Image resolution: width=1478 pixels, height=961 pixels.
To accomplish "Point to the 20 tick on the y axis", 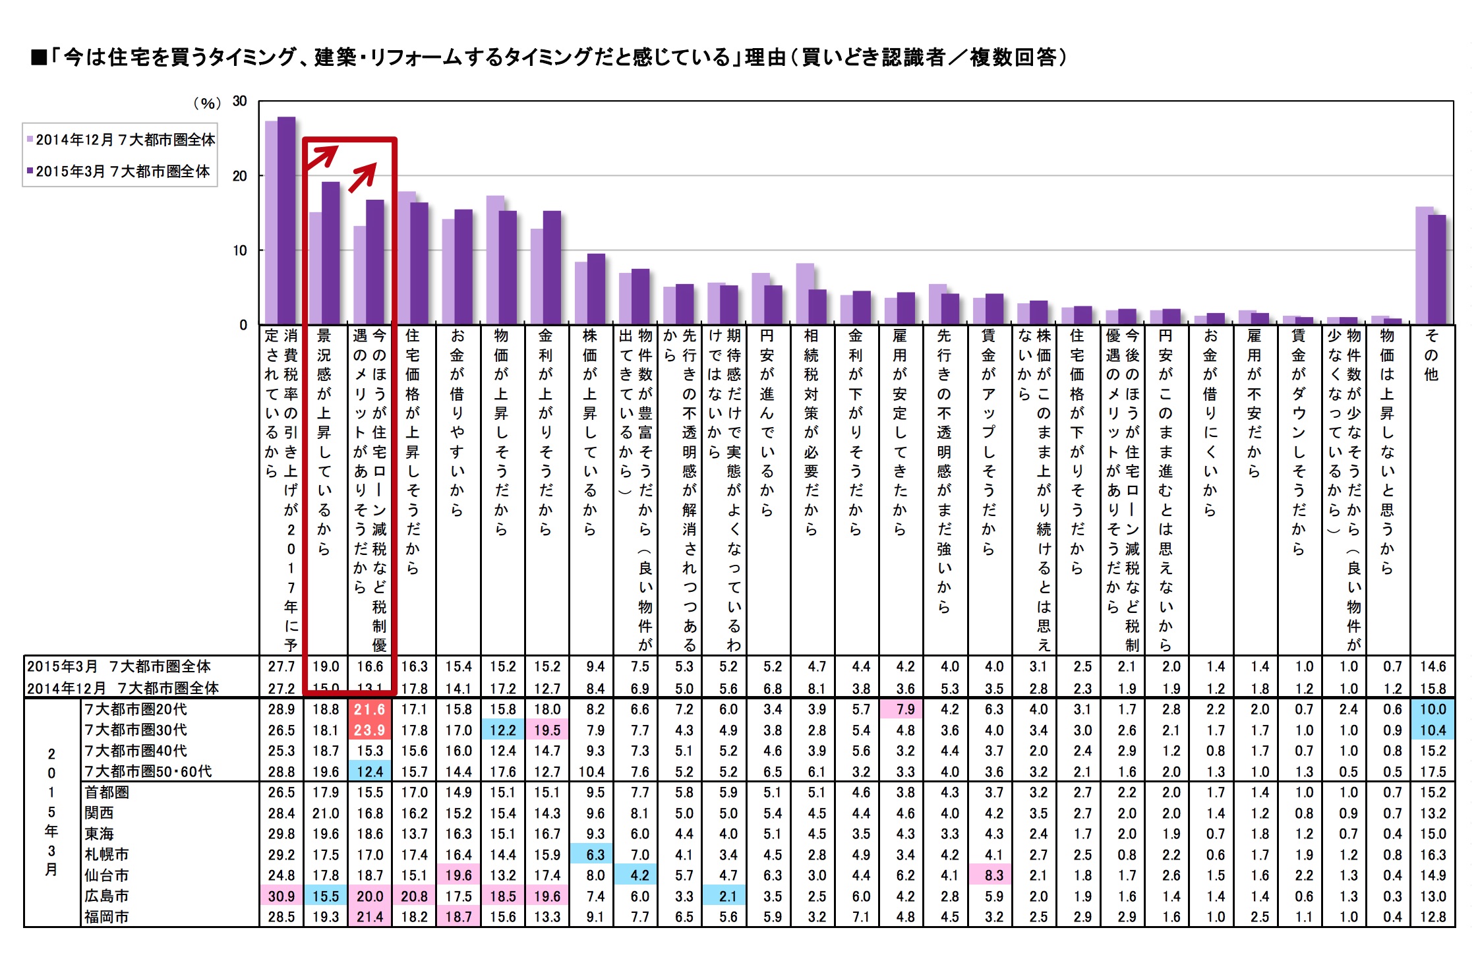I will (239, 176).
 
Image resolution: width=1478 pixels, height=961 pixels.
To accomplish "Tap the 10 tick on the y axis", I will (239, 250).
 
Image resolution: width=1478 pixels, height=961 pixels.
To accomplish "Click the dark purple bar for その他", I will (1436, 270).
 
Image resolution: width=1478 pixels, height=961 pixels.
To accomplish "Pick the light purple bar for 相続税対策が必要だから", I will (804, 294).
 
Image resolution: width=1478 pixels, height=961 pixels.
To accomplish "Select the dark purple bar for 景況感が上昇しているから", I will (330, 253).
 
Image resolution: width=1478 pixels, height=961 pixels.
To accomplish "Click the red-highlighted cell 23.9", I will (370, 730).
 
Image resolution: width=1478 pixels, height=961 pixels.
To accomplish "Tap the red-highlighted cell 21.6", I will (370, 709).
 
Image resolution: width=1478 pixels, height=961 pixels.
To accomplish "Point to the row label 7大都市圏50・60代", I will (148, 772).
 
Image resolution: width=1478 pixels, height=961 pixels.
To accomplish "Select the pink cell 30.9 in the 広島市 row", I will (281, 896).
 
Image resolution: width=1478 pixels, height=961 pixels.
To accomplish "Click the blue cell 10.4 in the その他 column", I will (1433, 730).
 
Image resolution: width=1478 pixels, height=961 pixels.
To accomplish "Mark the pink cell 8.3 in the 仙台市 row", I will (994, 875).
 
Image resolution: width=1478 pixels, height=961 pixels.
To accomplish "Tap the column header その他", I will (1431, 355).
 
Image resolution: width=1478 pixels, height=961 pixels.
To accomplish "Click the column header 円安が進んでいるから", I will (767, 422).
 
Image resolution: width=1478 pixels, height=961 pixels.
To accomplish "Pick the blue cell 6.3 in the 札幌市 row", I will (595, 855).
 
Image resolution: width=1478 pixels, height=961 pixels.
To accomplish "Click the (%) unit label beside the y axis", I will (207, 103).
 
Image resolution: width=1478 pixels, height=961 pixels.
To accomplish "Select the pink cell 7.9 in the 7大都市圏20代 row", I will (906, 709).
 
